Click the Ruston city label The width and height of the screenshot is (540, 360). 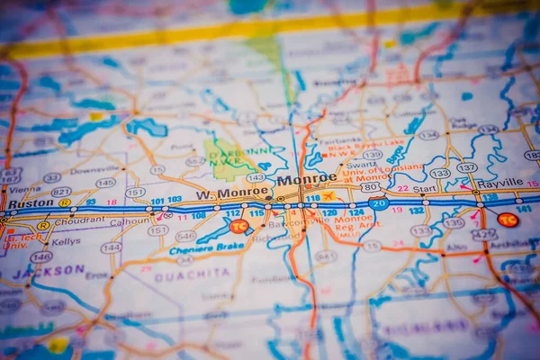tap(31, 203)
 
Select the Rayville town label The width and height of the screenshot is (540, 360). tap(500, 183)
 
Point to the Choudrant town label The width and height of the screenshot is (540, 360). tap(79, 220)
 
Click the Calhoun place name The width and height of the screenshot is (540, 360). tap(130, 221)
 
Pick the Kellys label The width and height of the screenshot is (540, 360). tap(66, 241)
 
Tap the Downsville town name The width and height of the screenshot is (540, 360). tap(94, 169)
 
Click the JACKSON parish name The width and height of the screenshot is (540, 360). tap(49, 269)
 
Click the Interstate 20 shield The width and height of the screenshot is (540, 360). tap(379, 204)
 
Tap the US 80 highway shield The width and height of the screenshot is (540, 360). tap(370, 187)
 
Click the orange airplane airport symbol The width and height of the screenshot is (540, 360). tap(328, 196)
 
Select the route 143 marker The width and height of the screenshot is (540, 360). tap(256, 177)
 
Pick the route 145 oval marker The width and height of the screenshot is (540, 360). tap(105, 183)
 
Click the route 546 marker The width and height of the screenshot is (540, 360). tap(185, 236)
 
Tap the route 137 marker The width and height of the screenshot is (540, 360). tap(466, 167)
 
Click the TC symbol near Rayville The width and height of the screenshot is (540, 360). tap(508, 220)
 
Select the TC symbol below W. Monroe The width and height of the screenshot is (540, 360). tap(238, 227)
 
